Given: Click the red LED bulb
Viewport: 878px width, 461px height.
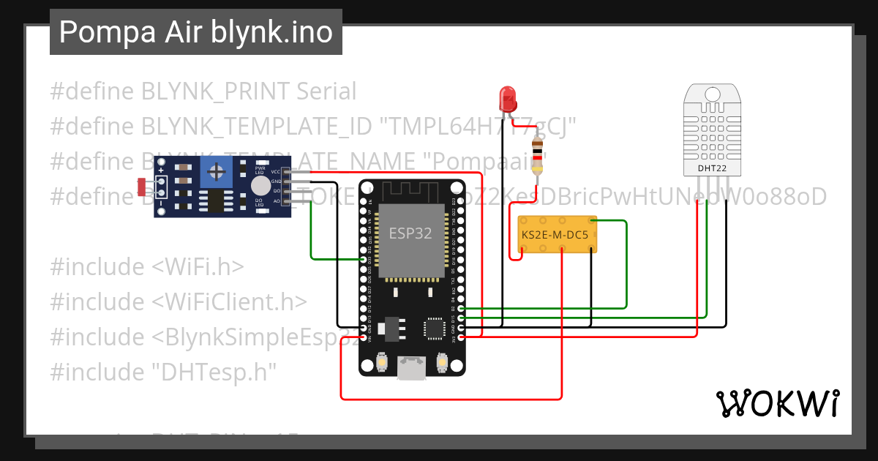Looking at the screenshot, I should (506, 97).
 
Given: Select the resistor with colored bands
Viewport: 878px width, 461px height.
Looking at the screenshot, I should (539, 155).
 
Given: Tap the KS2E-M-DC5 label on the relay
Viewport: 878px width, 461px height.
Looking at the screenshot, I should (555, 235).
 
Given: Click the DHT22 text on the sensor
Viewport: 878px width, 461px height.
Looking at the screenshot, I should (711, 168).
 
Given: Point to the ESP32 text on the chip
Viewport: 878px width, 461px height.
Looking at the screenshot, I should (410, 233).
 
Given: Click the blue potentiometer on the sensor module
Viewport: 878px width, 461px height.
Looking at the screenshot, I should (215, 172).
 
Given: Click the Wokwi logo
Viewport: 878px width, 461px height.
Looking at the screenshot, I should (777, 403).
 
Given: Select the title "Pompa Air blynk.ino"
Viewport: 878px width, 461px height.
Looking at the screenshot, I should (195, 32).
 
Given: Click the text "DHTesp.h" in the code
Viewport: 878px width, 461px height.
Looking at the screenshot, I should (214, 372).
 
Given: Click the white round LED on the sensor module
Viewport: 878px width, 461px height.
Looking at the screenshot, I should (260, 186).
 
